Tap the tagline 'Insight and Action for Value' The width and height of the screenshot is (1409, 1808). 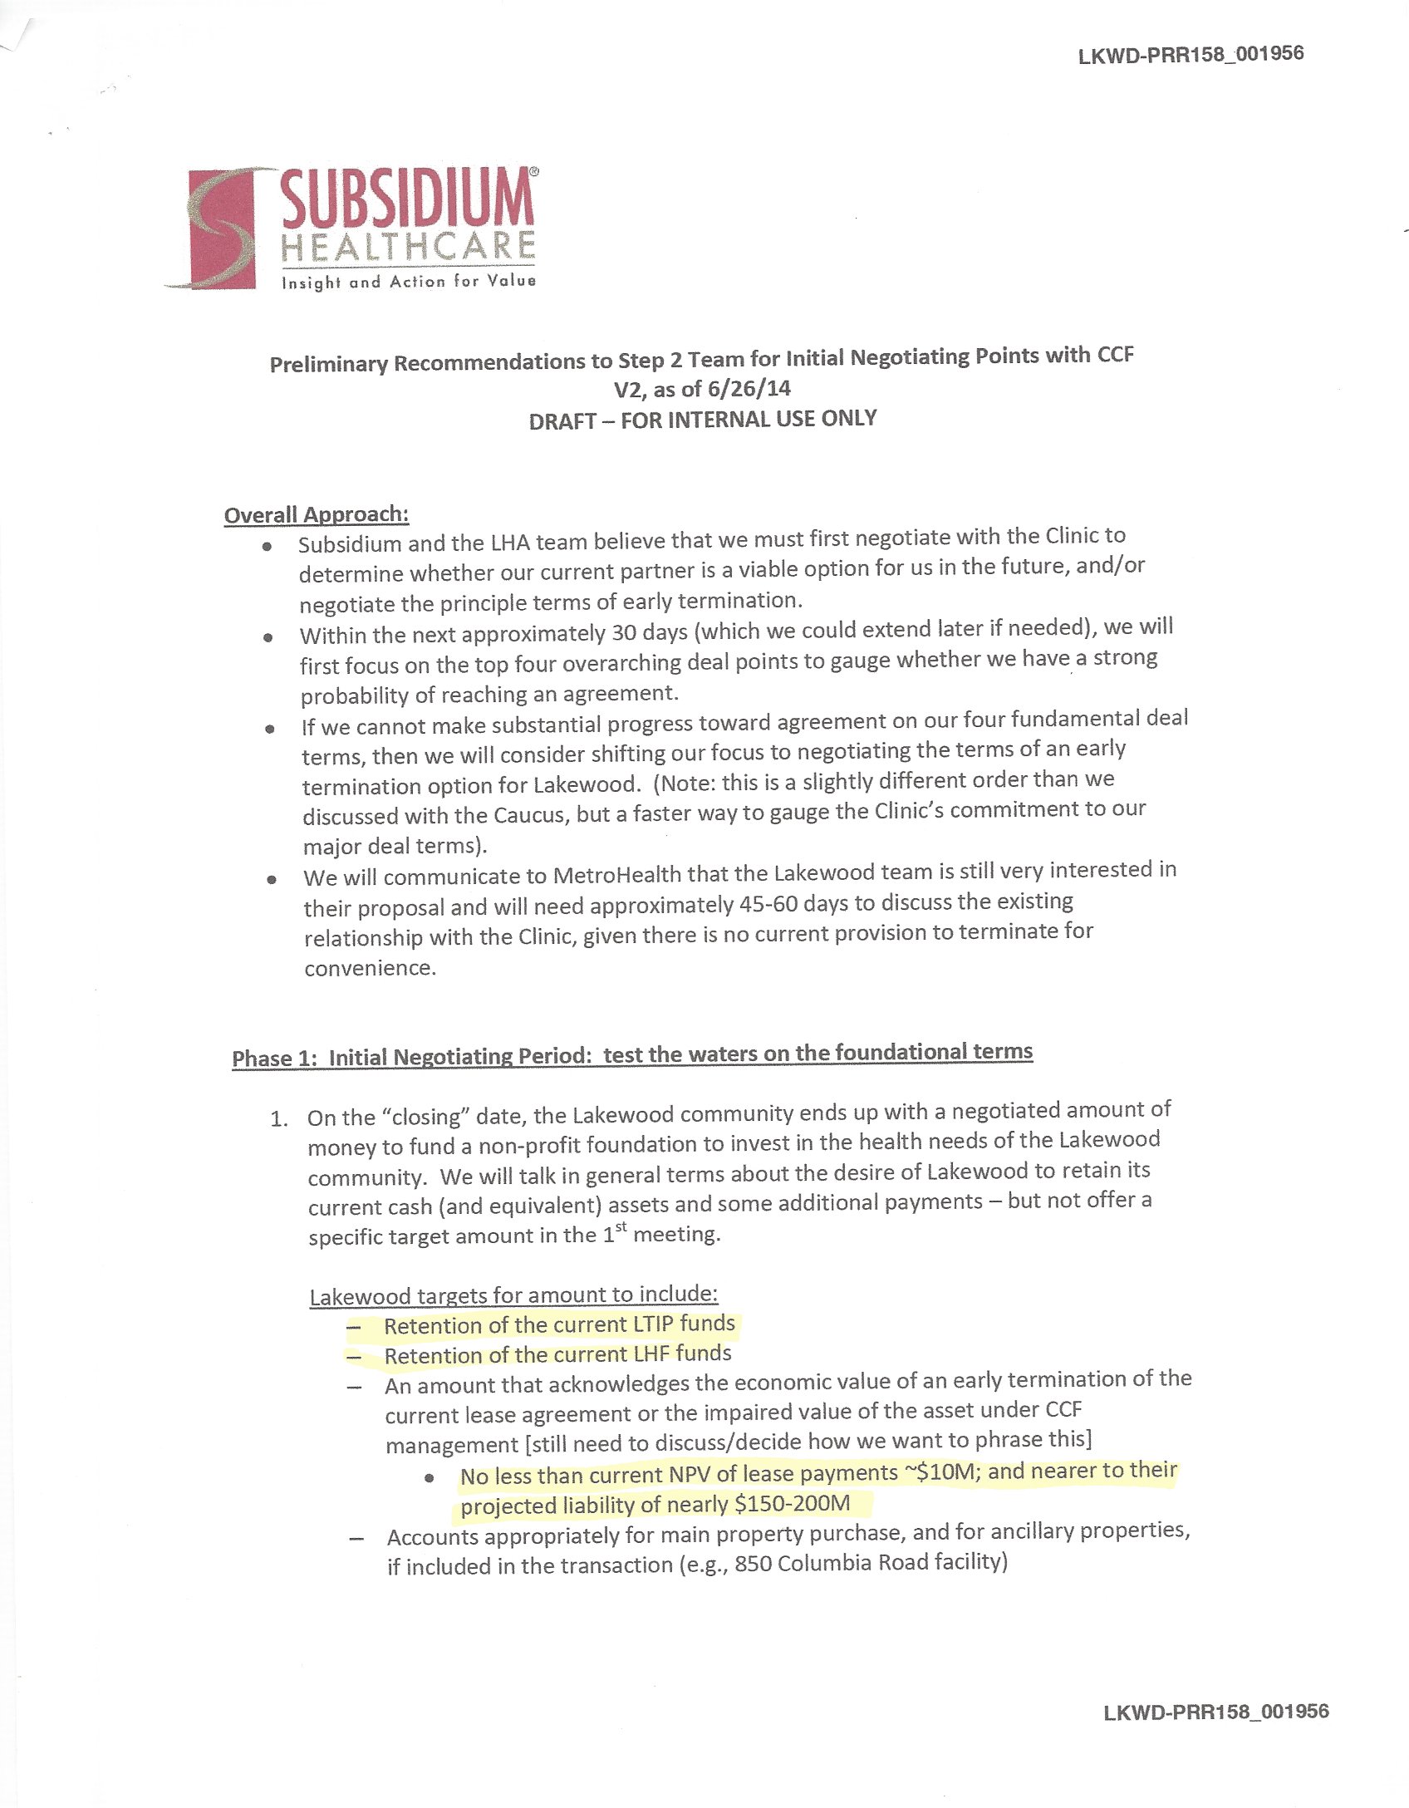pos(409,282)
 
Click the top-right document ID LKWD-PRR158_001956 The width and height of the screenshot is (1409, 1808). pos(1191,55)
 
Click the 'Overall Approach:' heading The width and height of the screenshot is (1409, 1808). pos(317,514)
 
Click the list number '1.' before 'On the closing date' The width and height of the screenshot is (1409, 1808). pos(279,1118)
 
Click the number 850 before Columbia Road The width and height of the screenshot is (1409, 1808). pos(754,1563)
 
